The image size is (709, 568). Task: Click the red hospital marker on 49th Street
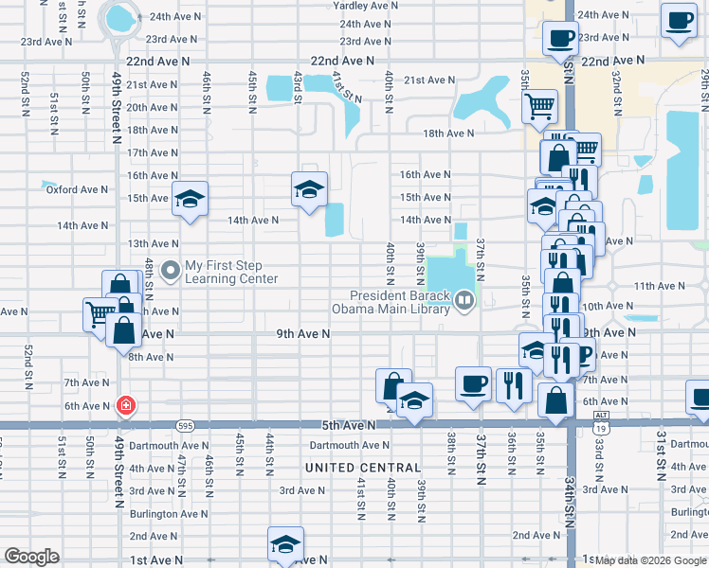coord(125,406)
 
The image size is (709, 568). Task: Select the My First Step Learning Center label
coord(231,273)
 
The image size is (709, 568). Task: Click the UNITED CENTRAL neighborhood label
coord(363,468)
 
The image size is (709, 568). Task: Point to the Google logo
coord(31,557)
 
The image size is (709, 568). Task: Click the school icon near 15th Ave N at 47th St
coord(190,199)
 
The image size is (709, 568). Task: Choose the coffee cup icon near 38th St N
coord(474,383)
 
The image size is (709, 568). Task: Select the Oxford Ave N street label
coord(78,189)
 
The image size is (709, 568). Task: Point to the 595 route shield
coord(185,426)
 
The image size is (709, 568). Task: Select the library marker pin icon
coord(464,302)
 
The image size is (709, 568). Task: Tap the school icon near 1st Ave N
coord(284,543)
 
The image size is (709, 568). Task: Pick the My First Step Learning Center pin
coord(172,272)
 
